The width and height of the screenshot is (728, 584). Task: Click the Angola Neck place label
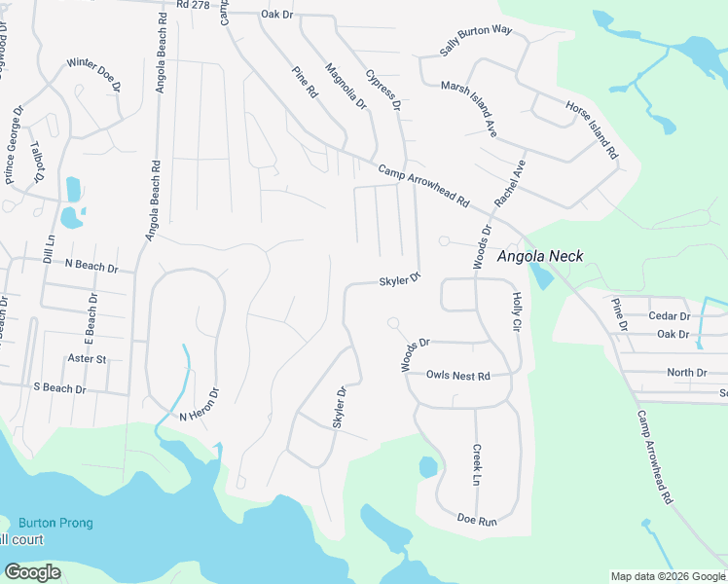point(540,257)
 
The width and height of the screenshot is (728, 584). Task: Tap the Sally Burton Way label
point(476,42)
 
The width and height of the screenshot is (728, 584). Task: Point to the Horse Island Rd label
point(592,129)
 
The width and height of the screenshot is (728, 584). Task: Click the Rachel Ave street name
point(509,182)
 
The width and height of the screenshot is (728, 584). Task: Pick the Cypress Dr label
point(383,90)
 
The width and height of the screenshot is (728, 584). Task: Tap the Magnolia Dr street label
point(346,86)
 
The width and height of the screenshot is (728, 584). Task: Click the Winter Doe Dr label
point(93,75)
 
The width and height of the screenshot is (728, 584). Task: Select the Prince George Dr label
point(15,146)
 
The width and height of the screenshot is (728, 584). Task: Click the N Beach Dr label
point(91,266)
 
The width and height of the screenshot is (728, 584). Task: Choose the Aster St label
point(88,359)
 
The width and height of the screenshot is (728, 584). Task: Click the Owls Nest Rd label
point(457,375)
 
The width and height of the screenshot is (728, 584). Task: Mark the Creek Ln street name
point(477,465)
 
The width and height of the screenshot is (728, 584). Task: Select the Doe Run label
point(477,520)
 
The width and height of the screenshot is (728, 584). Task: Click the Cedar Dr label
point(670,316)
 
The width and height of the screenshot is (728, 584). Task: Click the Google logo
point(33,572)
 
